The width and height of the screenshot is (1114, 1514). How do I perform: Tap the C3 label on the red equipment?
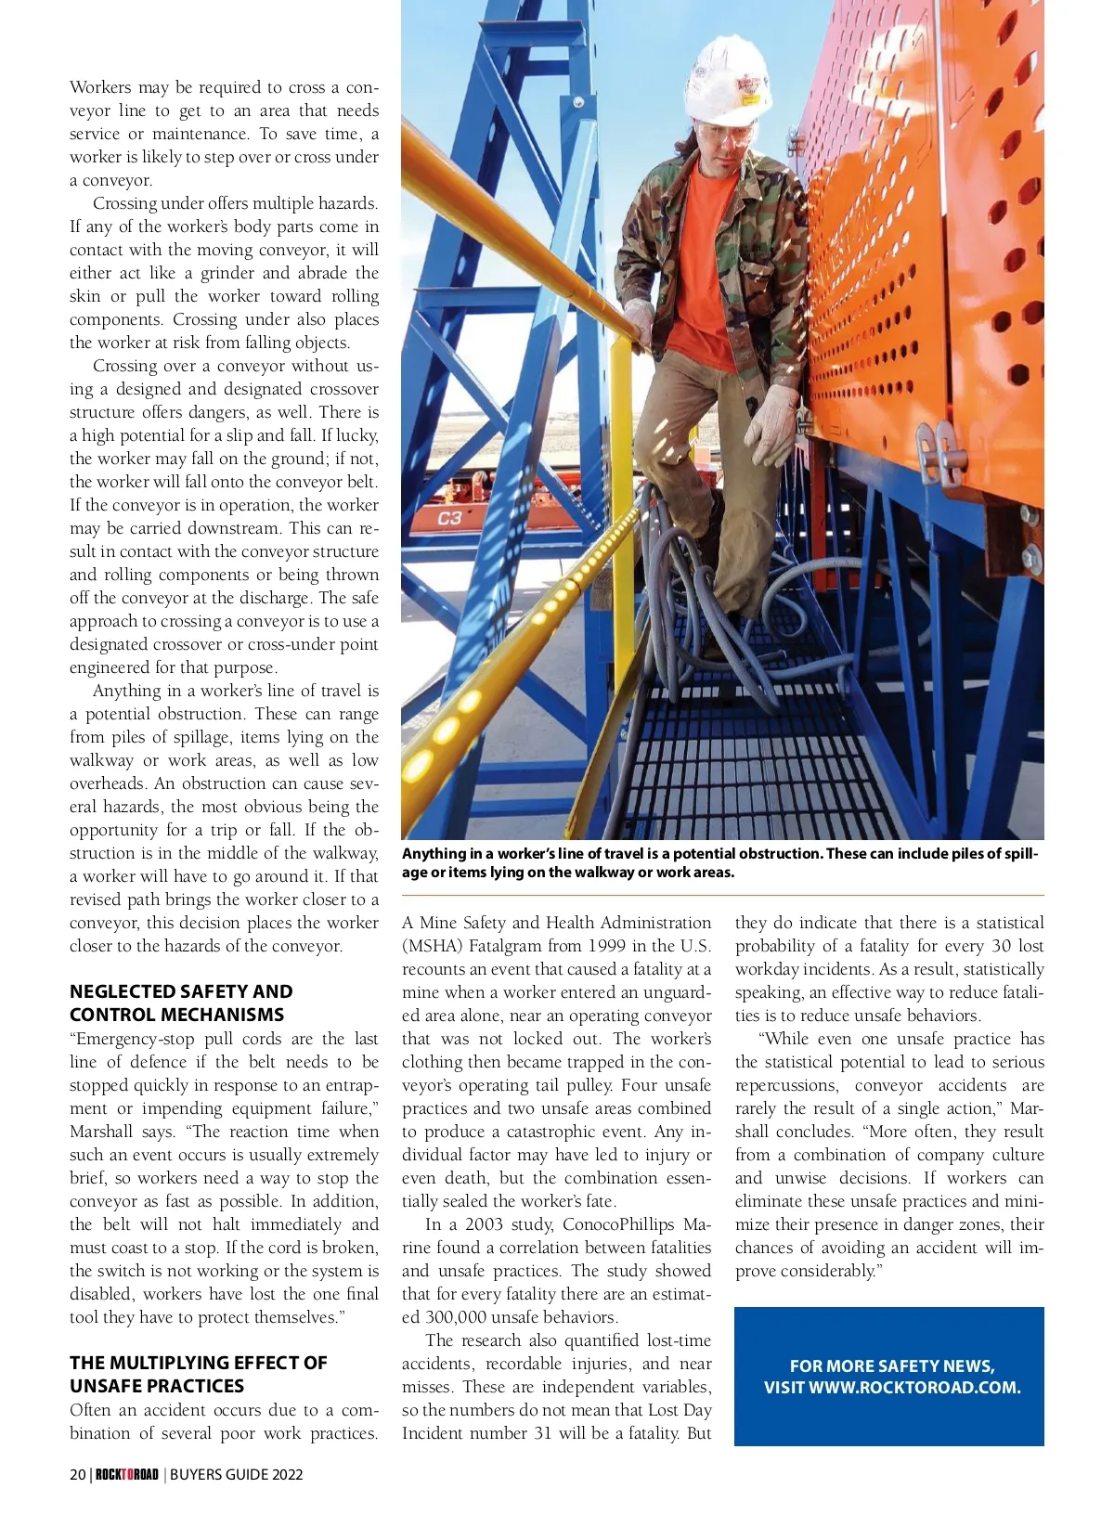click(449, 518)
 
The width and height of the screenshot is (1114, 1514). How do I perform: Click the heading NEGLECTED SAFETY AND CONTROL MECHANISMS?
click(181, 1003)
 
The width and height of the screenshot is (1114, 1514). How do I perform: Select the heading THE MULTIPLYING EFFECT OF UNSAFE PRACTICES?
click(198, 1374)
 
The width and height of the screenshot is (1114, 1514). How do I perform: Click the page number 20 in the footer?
click(78, 1474)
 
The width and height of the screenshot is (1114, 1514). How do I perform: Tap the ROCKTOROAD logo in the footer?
click(127, 1474)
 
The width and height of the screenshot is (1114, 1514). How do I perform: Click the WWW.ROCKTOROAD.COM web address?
click(914, 1388)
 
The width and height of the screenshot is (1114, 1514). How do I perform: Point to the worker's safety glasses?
click(719, 135)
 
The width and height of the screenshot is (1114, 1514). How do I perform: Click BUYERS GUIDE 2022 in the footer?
click(236, 1474)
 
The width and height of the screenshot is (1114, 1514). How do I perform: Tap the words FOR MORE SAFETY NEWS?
click(891, 1365)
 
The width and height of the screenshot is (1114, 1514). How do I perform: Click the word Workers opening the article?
click(100, 87)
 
